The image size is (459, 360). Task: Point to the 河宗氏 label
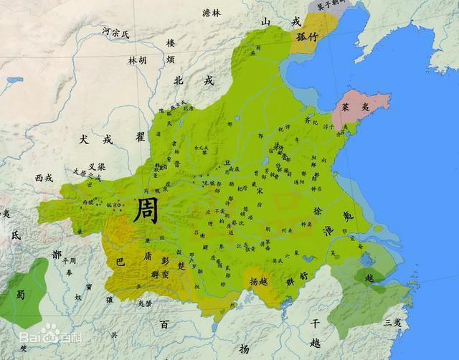115,32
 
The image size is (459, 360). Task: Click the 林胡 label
138,60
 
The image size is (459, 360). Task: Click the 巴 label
120,261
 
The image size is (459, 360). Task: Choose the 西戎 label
44,176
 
